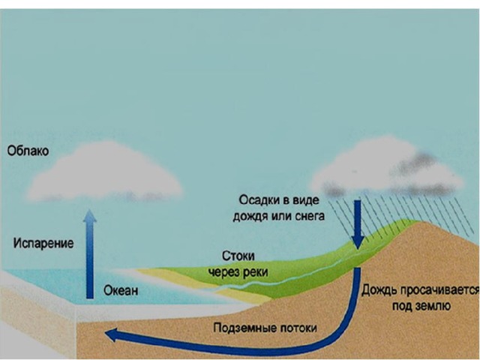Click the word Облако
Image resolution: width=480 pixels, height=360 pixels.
click(28, 151)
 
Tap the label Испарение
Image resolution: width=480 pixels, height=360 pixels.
click(43, 243)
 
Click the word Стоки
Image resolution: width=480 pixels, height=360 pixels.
click(238, 255)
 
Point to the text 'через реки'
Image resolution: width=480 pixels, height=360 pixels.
click(240, 269)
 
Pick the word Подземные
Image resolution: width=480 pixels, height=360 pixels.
click(239, 328)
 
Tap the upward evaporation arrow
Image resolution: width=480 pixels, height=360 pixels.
click(89, 255)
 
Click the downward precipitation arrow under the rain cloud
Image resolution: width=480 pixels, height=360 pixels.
click(358, 221)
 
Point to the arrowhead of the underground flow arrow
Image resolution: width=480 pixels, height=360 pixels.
click(111, 334)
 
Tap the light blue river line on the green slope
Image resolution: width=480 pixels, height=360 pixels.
click(300, 277)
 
